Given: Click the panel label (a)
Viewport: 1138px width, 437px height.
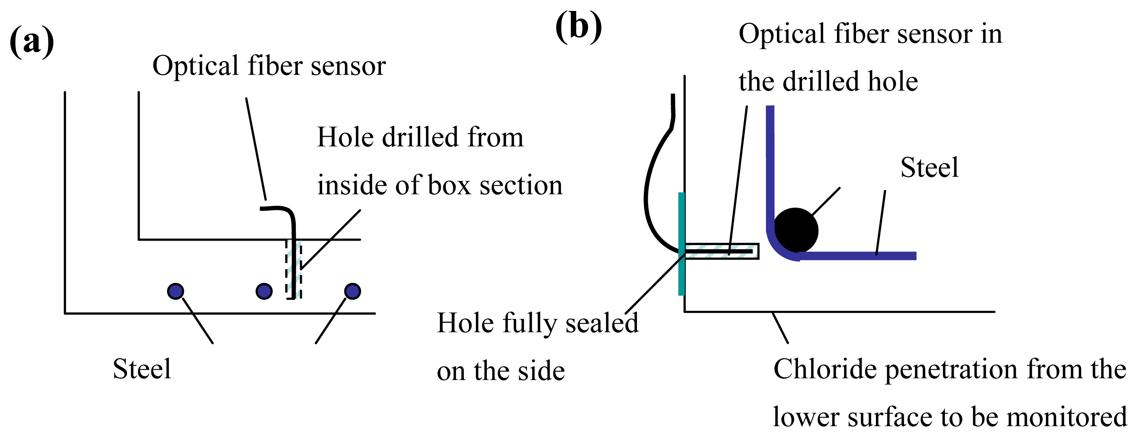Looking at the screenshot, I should pos(32,42).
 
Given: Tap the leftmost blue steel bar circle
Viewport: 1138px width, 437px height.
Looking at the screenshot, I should pos(176,291).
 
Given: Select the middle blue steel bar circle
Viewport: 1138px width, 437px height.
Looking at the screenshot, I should pos(264,291).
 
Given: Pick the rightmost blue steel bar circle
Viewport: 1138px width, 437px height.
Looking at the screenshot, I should pos(353,291).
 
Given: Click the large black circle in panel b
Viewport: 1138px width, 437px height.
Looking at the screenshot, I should pos(796,230).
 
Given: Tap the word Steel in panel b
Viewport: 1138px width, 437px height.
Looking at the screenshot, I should pos(929,168).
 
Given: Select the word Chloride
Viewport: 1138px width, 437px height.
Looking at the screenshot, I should pos(825,369).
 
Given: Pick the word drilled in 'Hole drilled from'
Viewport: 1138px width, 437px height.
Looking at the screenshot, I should pos(420,137).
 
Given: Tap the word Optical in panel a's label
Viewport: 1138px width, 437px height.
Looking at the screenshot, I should pos(195,66).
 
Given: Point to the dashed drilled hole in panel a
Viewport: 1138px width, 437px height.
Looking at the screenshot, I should pos(294,269).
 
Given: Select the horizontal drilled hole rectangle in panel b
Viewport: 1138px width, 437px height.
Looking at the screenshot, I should pos(721,251).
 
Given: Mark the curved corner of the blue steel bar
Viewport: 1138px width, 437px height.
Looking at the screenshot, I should pos(777,250).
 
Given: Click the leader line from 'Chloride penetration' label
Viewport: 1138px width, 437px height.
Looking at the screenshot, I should pos(780,328).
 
